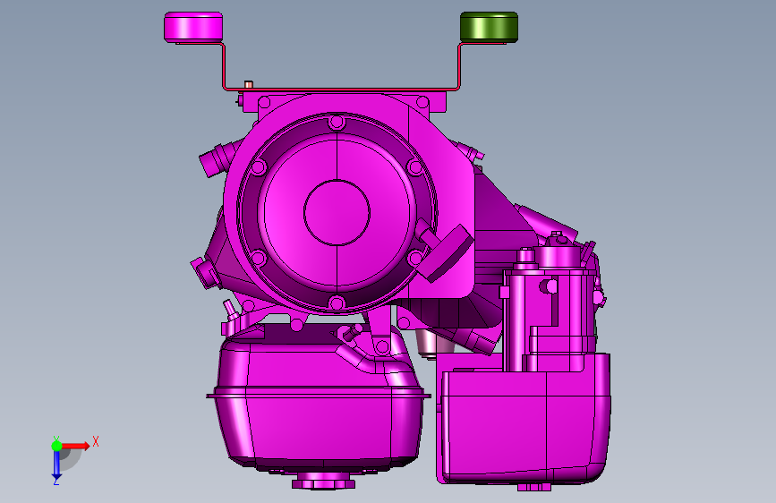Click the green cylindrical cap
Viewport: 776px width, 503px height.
[489, 27]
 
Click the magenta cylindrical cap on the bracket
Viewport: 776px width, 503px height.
[193, 27]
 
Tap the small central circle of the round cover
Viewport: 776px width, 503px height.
[337, 212]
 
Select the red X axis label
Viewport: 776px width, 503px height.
[96, 441]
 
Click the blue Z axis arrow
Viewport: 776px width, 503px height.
[56, 465]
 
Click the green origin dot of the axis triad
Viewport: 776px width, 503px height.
[56, 446]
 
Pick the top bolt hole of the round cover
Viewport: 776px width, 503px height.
[337, 122]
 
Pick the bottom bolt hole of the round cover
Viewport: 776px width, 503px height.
[337, 303]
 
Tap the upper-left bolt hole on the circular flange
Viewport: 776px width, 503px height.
[259, 166]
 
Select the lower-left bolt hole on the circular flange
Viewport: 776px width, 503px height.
[258, 258]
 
